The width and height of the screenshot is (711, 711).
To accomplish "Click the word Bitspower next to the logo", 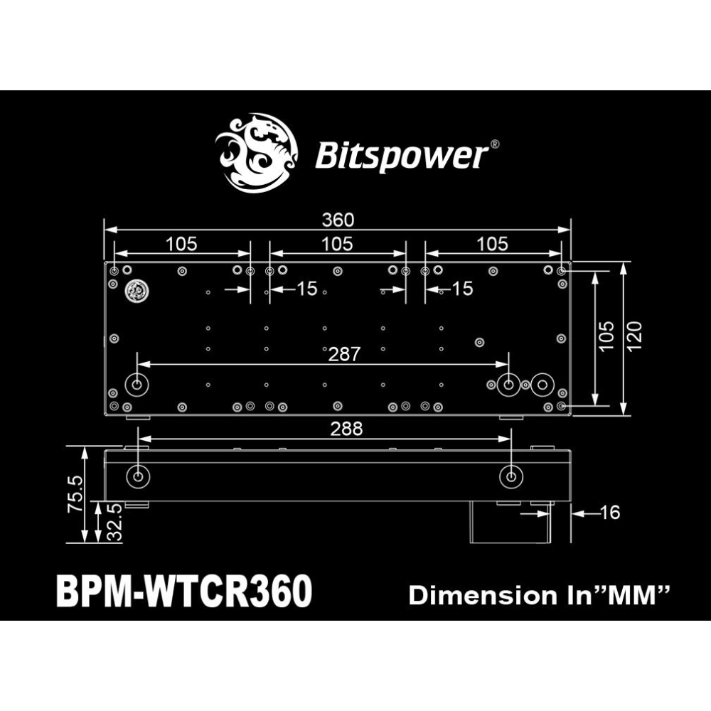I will (401, 156).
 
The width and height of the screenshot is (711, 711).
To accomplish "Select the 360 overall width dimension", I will (338, 220).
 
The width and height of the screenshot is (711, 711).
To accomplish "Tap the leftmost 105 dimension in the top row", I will (181, 244).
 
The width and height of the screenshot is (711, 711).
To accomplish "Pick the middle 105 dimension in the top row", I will (337, 244).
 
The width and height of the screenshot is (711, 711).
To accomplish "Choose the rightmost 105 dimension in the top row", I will (493, 244).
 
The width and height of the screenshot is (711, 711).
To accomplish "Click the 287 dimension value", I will (344, 354).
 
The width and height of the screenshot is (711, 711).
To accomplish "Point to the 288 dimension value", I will (347, 429).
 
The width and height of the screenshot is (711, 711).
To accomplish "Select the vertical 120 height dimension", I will (635, 336).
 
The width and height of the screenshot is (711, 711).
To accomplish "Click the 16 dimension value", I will (611, 512).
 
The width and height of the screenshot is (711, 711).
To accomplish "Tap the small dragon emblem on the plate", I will (134, 291).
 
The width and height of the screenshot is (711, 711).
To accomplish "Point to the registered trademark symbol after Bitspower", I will (495, 144).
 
